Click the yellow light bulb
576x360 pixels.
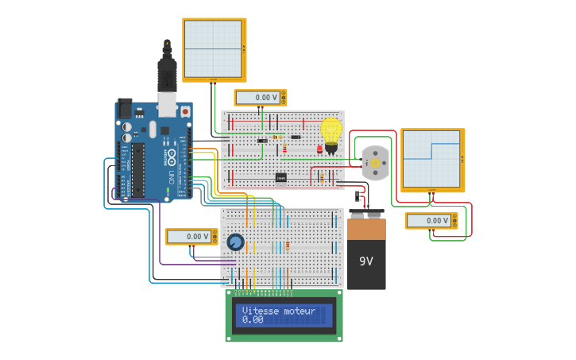(x=331, y=130)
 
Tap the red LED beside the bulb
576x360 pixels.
(x=319, y=149)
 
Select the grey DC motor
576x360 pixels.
(x=374, y=162)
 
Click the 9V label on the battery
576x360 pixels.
(x=365, y=261)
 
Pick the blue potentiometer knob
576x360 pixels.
(x=235, y=242)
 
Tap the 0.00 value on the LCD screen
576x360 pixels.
(x=253, y=319)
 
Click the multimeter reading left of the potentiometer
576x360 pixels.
(x=190, y=236)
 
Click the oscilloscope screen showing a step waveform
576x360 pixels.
(x=431, y=159)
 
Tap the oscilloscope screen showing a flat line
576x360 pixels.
(x=213, y=48)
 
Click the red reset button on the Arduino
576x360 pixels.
(x=185, y=112)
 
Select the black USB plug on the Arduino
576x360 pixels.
(x=166, y=75)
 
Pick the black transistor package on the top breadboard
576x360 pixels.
(x=280, y=177)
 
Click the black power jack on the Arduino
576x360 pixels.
(x=125, y=107)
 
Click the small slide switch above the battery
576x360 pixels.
(x=358, y=194)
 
